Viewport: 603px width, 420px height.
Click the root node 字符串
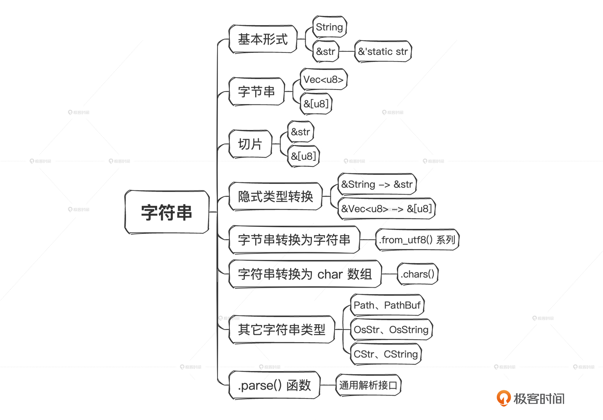(167, 212)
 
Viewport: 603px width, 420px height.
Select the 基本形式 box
(263, 39)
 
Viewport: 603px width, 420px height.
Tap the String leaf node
(329, 27)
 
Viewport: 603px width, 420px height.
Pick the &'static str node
(383, 51)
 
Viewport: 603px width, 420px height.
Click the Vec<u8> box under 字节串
(323, 79)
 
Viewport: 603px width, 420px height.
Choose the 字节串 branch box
(256, 92)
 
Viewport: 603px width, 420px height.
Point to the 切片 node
(250, 144)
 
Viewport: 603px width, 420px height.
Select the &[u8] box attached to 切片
(303, 156)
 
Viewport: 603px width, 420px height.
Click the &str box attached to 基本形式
(325, 51)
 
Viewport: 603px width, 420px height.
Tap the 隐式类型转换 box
(275, 196)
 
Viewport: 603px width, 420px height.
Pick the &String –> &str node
(377, 184)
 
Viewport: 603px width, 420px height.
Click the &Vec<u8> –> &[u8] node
(386, 209)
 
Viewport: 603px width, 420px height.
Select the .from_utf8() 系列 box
(417, 240)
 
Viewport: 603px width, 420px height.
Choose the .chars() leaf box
(418, 274)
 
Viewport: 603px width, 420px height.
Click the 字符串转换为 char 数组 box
(305, 274)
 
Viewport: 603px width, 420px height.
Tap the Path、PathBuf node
(387, 305)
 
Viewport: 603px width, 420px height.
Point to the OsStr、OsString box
(391, 329)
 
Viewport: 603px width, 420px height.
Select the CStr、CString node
(386, 354)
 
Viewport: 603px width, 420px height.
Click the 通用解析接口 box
(368, 385)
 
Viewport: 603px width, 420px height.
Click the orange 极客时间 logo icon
(503, 398)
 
